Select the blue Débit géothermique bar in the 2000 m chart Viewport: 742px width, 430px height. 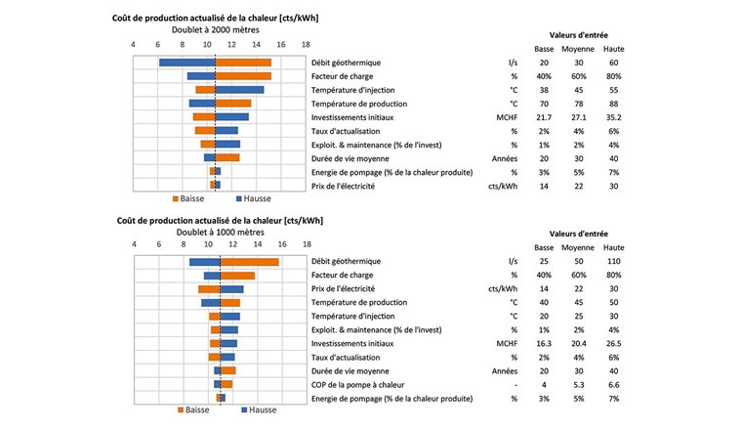tap(187, 63)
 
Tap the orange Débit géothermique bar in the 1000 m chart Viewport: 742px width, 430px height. tap(249, 262)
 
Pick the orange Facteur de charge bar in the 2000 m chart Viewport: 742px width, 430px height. tap(243, 76)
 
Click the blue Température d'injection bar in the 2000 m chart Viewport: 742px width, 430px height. tap(239, 90)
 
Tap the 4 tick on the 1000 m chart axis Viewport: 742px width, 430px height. tap(133, 246)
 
